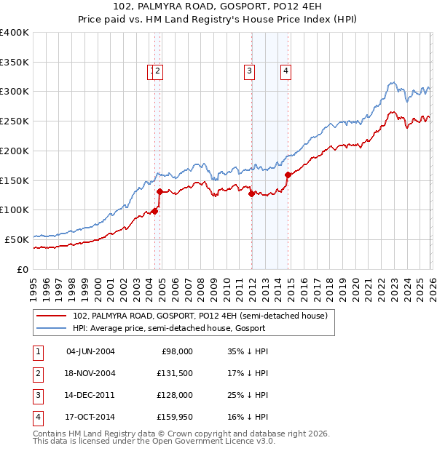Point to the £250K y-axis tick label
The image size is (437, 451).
coord(15,121)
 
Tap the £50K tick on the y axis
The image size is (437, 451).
coord(17,239)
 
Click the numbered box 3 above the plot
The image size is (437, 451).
coord(249,71)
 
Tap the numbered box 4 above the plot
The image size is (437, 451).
coord(286,71)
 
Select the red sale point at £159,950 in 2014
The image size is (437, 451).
coord(288,175)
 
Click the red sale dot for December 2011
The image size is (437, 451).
coord(251,193)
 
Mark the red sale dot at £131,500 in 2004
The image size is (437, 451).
coord(160,191)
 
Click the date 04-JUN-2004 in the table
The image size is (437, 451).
coord(90,351)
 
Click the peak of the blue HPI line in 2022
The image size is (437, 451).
coord(392,82)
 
